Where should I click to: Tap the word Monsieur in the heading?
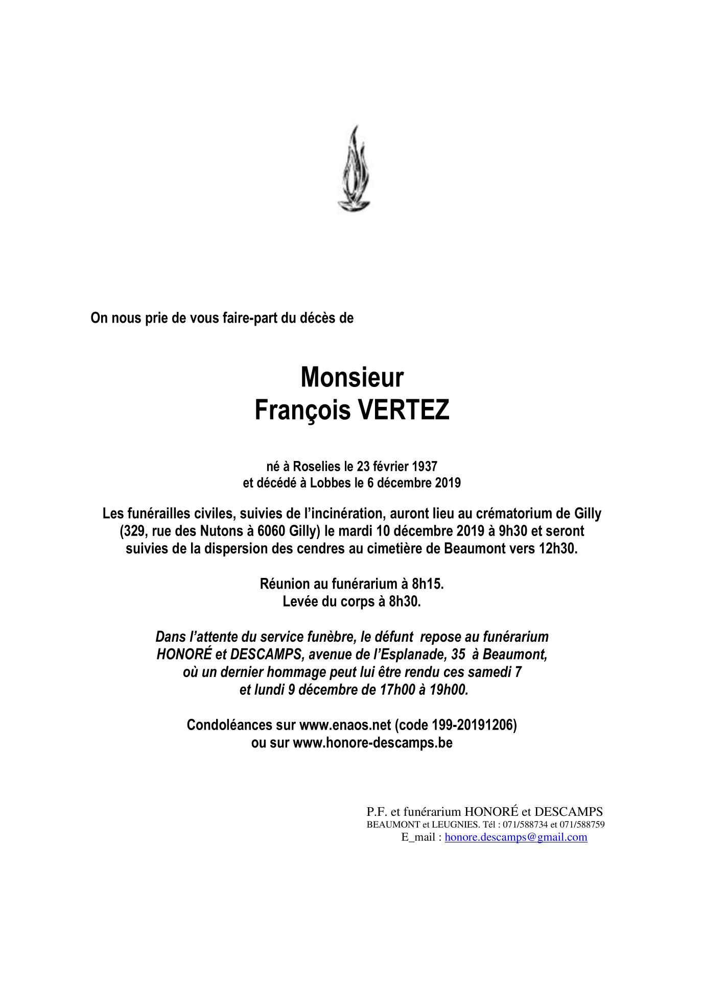pos(352,377)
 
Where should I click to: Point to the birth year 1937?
pos(425,466)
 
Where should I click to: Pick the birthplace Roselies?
pos(316,466)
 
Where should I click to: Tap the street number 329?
pos(133,531)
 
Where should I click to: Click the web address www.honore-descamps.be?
pos(372,742)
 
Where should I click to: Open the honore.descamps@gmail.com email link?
pos(515,837)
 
